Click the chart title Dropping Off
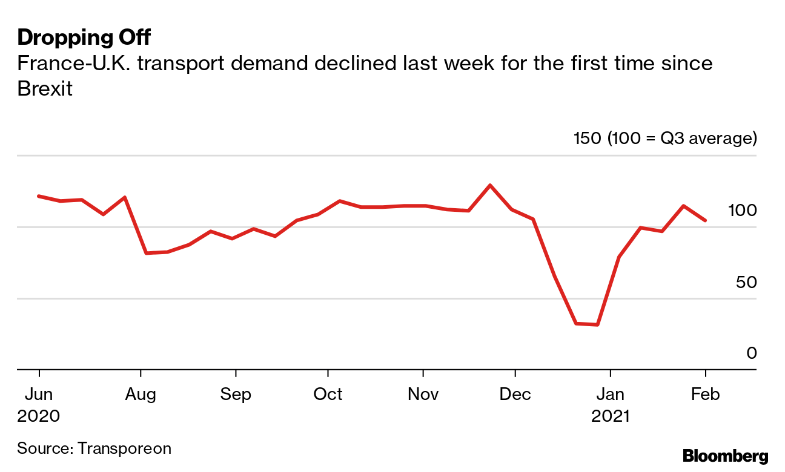[84, 38]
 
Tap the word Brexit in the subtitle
[45, 89]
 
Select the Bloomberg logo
[725, 456]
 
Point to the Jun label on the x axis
[39, 395]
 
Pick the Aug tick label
[141, 395]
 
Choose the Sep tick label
[235, 395]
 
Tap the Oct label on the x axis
[328, 395]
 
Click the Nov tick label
[423, 395]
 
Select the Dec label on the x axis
[515, 395]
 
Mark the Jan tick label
[611, 395]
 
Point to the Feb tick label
[706, 395]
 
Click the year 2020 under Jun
[39, 416]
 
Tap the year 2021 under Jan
[611, 416]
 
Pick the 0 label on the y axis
[752, 353]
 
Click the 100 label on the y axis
[742, 211]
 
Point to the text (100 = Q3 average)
[681, 139]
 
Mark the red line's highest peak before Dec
[490, 185]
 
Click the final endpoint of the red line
[705, 220]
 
